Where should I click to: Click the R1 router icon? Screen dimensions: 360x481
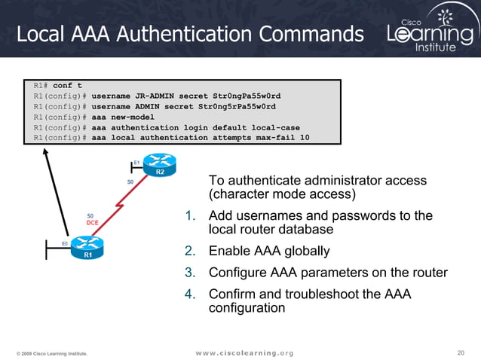coord(87,246)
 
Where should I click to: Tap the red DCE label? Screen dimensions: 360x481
coord(93,223)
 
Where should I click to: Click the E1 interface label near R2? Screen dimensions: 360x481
coord(136,162)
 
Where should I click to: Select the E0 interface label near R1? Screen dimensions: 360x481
coord(65,243)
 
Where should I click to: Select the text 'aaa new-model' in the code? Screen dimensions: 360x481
coord(122,117)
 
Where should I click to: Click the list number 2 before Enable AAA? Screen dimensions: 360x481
coord(191,251)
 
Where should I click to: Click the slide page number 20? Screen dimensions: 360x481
coord(461,352)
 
